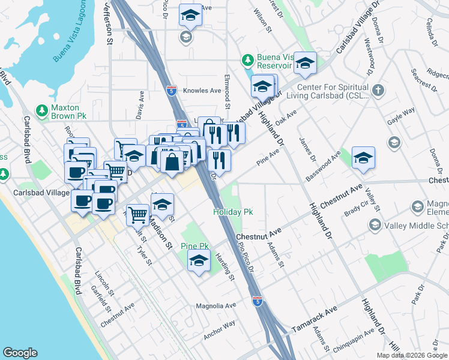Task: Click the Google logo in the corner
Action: pyautogui.click(x=20, y=353)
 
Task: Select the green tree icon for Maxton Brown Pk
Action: pyautogui.click(x=41, y=110)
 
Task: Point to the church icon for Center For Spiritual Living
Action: pyautogui.click(x=378, y=91)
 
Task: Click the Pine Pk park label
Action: pyautogui.click(x=195, y=246)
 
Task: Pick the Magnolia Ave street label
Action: pyautogui.click(x=216, y=306)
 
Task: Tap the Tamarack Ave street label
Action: pyautogui.click(x=316, y=322)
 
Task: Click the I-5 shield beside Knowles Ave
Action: pyautogui.click(x=172, y=91)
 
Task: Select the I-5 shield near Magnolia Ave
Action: pyautogui.click(x=257, y=301)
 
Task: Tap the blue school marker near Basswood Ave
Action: pyautogui.click(x=363, y=158)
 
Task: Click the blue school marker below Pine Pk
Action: pyautogui.click(x=199, y=261)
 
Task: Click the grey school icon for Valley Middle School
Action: pyautogui.click(x=375, y=225)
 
